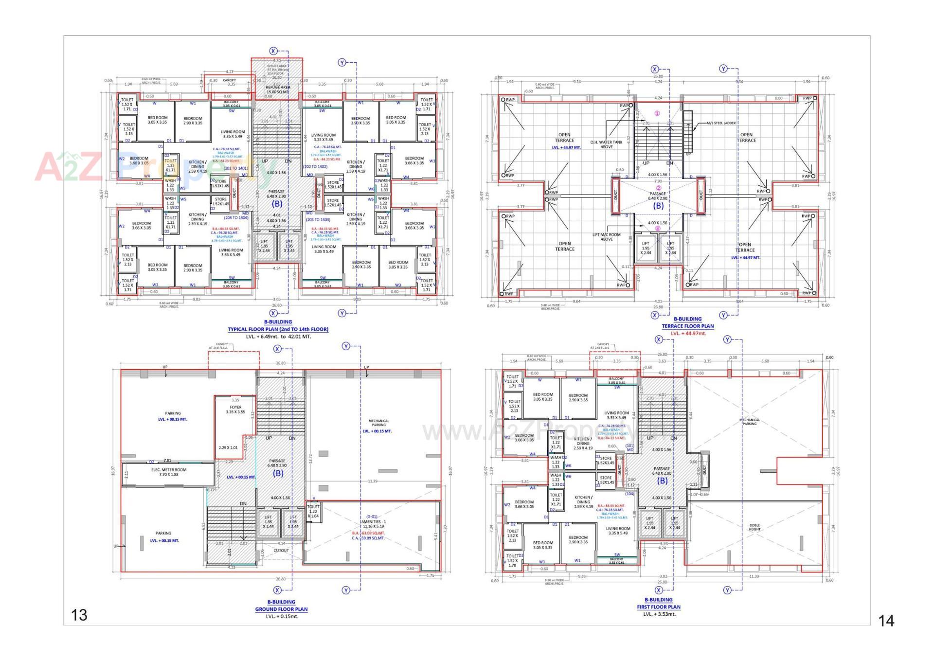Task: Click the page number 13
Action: tap(79, 615)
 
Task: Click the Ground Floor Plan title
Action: tap(281, 609)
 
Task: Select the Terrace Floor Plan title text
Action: tap(687, 326)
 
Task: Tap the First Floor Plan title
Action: tap(659, 606)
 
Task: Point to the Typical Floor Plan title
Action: tap(278, 329)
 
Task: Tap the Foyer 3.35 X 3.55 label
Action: tap(235, 410)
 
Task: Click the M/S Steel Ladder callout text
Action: tap(721, 123)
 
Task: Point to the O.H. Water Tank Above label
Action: tap(606, 144)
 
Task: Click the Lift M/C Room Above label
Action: tap(606, 237)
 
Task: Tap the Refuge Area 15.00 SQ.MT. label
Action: tap(278, 89)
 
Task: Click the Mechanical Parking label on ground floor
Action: tap(378, 423)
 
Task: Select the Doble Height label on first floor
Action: tap(754, 527)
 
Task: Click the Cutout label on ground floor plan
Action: tap(281, 551)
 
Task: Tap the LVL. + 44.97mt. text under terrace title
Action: tap(688, 333)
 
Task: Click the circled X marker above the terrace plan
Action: tap(655, 70)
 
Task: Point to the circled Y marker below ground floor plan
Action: tap(346, 590)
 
